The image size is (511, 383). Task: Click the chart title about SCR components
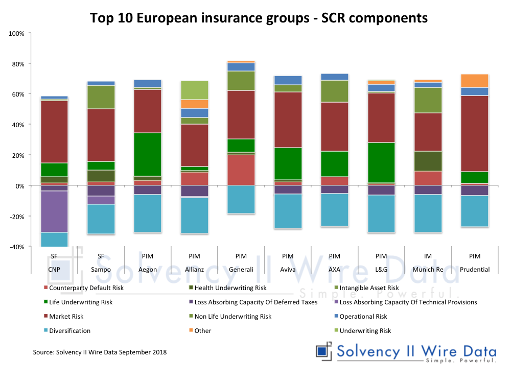259,18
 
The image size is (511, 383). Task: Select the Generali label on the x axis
241,269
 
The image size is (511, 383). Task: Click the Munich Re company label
428,269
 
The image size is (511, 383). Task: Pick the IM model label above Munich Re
428,256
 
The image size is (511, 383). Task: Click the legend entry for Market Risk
66,317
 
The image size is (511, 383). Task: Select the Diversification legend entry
69,331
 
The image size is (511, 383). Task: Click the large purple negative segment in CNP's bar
54,211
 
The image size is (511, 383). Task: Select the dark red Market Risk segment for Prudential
475,133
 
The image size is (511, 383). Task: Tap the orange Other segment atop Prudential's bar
475,81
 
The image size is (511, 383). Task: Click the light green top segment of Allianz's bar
194,90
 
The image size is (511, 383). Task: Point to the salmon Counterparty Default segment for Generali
241,170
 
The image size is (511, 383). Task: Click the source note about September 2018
100,352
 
